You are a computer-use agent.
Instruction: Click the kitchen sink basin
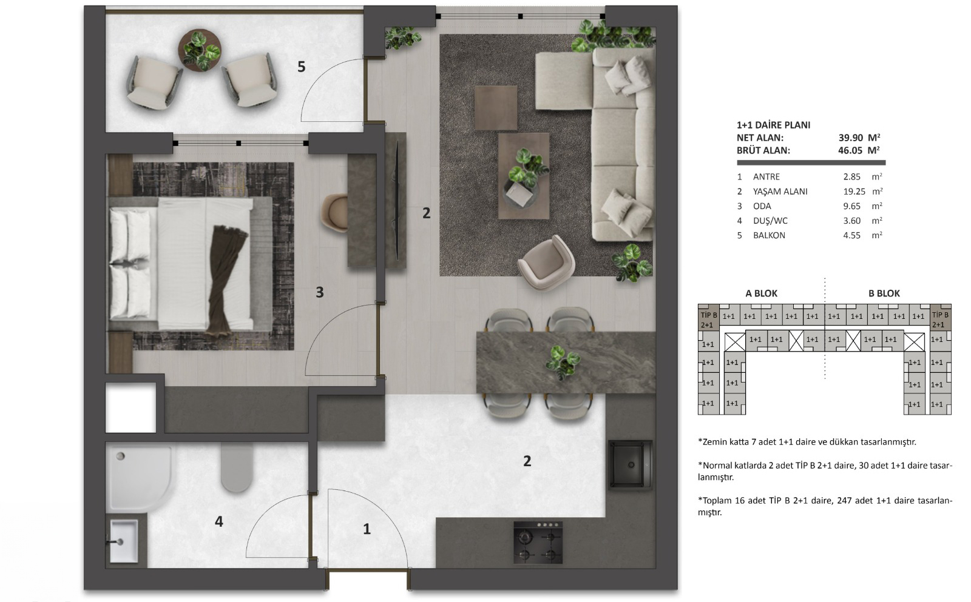[631, 465]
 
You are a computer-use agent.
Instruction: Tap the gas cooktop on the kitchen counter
[538, 543]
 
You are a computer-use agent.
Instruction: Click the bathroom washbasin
[124, 541]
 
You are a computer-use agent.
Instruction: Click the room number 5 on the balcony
[301, 67]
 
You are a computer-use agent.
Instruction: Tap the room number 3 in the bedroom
[319, 292]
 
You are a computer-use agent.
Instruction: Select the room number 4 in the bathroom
[219, 521]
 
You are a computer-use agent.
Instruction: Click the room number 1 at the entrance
[367, 529]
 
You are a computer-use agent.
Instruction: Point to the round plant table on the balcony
[200, 50]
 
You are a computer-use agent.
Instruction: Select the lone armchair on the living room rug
[546, 263]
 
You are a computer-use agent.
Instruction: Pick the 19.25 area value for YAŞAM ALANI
[854, 192]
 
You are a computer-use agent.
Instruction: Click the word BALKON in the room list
[769, 236]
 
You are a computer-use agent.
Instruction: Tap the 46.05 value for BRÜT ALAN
[850, 150]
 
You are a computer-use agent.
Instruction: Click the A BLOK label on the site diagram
[761, 293]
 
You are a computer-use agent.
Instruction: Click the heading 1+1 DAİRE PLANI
[773, 125]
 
